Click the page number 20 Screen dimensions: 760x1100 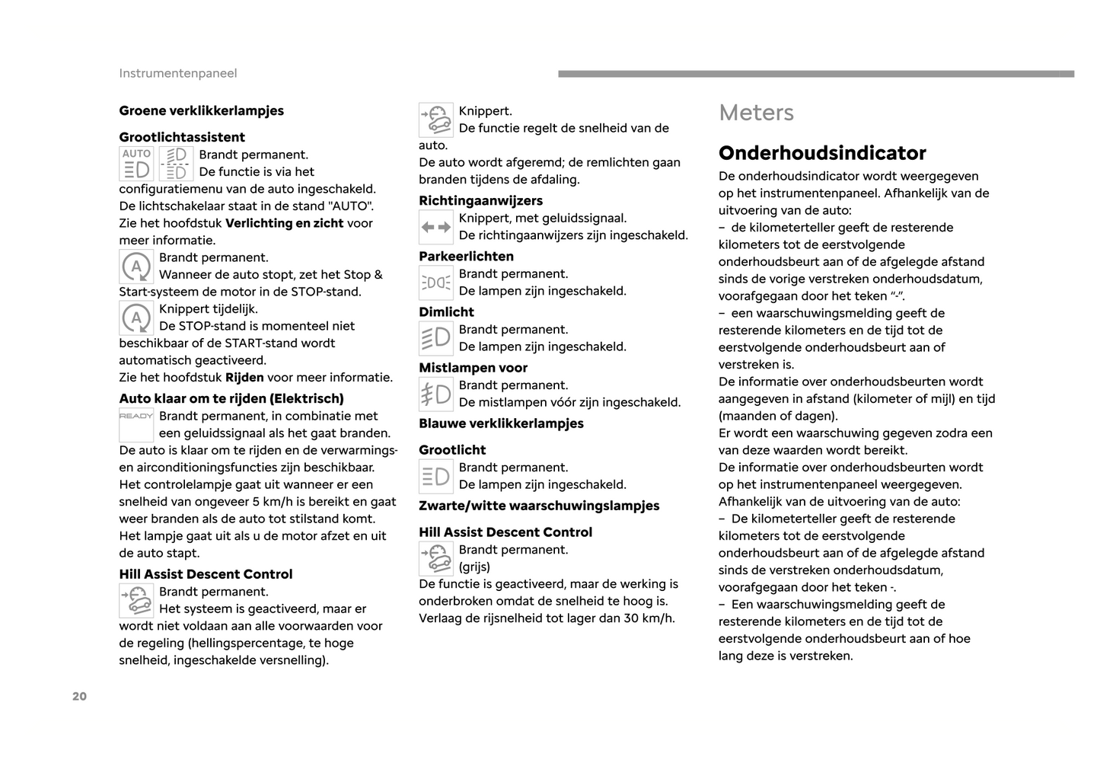click(x=79, y=696)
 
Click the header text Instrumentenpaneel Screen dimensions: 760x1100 click(x=177, y=73)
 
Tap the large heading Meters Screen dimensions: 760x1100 click(x=756, y=113)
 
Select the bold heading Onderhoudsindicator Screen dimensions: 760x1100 click(x=822, y=153)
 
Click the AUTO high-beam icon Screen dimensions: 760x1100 click(x=136, y=164)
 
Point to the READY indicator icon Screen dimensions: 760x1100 click(x=136, y=424)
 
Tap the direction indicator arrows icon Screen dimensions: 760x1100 click(x=436, y=227)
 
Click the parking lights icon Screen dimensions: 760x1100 click(x=436, y=283)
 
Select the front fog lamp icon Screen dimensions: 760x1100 click(x=436, y=394)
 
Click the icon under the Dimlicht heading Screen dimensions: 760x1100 click(x=436, y=338)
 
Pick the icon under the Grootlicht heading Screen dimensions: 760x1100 click(x=436, y=477)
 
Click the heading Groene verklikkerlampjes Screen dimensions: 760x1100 click(x=201, y=110)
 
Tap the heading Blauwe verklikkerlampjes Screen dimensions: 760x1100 click(x=501, y=423)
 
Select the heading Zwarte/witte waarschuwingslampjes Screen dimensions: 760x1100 click(x=539, y=506)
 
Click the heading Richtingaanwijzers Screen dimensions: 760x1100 click(x=480, y=200)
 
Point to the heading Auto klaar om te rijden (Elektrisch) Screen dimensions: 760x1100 click(x=231, y=398)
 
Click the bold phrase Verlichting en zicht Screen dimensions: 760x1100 click(x=285, y=223)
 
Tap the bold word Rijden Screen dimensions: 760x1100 click(x=244, y=378)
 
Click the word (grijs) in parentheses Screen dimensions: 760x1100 click(x=474, y=567)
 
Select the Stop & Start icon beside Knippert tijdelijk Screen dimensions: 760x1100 click(x=136, y=318)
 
